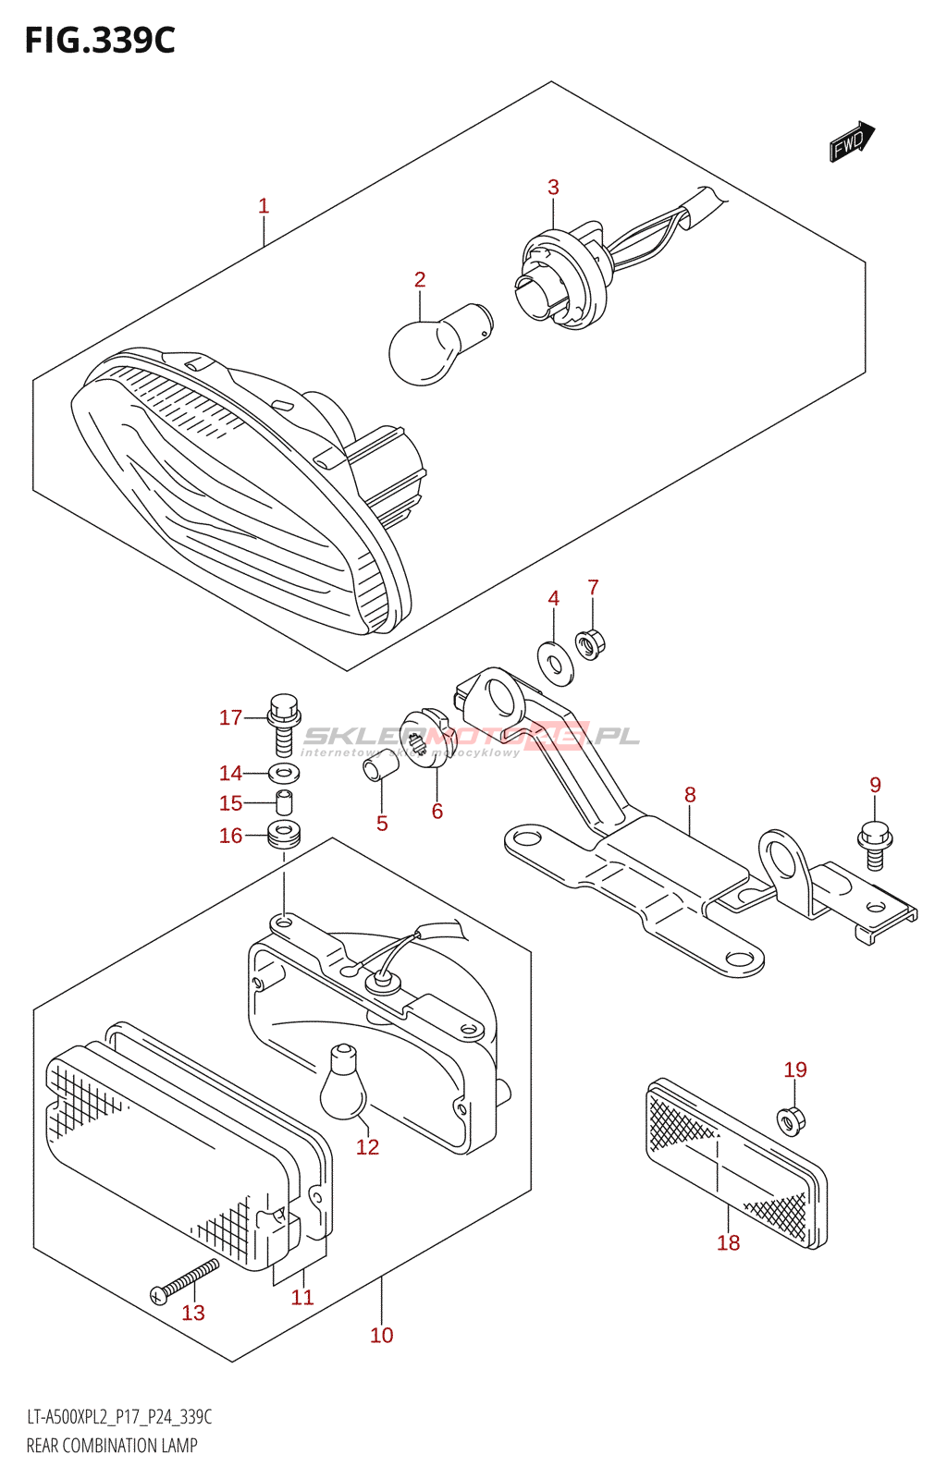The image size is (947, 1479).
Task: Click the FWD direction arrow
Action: [x=851, y=141]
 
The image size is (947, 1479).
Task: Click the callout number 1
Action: [x=264, y=206]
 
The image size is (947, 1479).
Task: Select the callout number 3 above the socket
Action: [x=553, y=187]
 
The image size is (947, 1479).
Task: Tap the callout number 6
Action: [x=437, y=811]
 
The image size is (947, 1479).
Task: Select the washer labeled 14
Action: [x=285, y=773]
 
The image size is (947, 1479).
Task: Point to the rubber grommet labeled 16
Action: [x=285, y=835]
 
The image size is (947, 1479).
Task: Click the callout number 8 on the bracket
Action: [x=690, y=794]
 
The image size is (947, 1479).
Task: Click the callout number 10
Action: [x=381, y=1335]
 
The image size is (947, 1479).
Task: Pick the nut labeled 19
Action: [x=793, y=1119]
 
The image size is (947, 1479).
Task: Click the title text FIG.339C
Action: [x=100, y=41]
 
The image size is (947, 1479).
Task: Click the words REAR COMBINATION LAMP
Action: [x=112, y=1446]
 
